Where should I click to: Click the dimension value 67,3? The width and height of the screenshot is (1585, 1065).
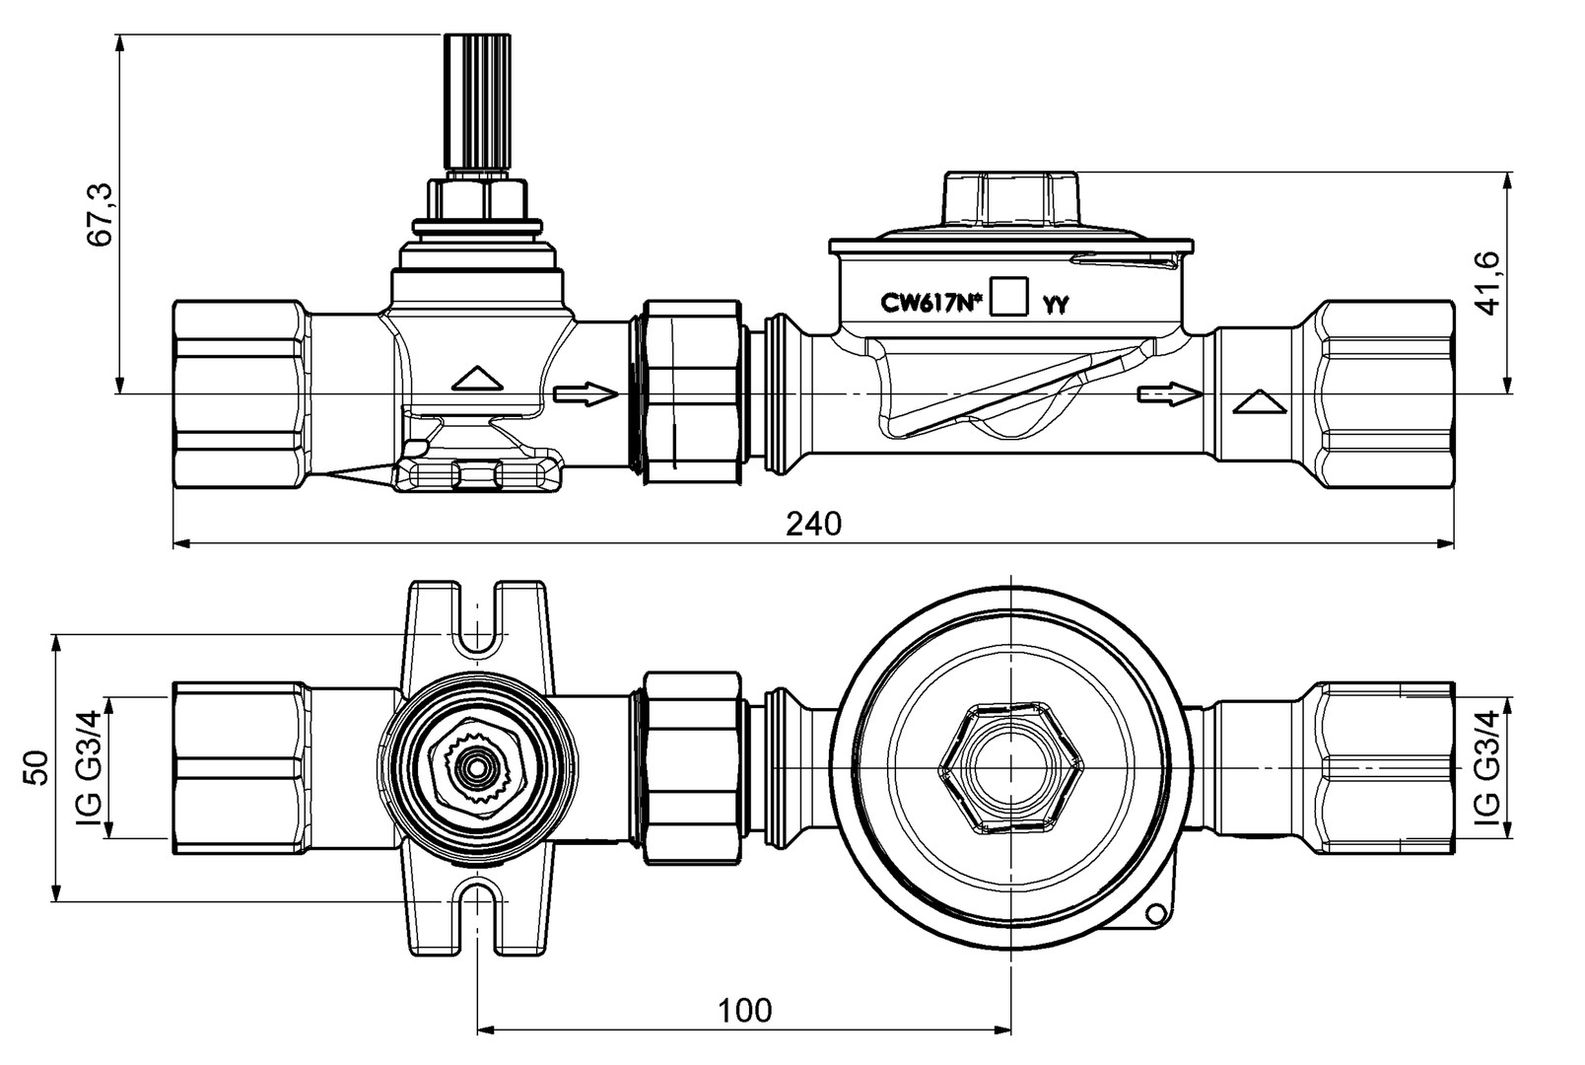coord(100,214)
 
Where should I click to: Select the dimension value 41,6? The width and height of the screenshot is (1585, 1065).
coord(1487,283)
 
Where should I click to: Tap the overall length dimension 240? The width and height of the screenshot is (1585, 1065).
coord(814,524)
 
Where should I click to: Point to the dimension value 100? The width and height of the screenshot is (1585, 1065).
coord(744,1011)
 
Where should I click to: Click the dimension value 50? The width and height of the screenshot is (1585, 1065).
coord(35,767)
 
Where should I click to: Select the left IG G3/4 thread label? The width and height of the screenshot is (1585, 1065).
coord(89,767)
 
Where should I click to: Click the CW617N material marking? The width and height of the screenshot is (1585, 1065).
coord(931,303)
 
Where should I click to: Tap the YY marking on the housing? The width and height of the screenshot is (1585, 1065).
coord(1055,305)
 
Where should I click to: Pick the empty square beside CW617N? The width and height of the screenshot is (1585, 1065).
coord(1009,295)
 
